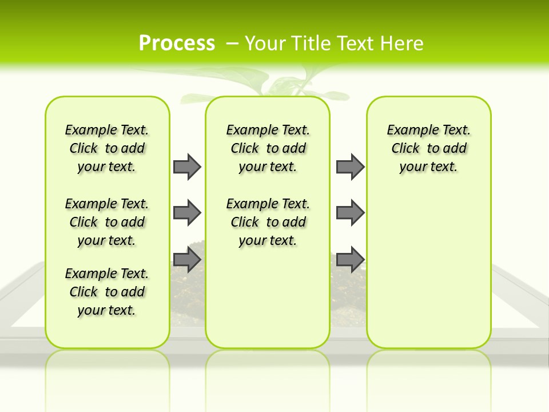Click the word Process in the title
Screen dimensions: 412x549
[x=177, y=43]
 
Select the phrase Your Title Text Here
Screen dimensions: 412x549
[x=334, y=43]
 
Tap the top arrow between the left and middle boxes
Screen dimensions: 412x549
[x=187, y=167]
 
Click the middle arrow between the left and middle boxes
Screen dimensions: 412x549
[x=187, y=213]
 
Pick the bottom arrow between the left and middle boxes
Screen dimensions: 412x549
[x=187, y=259]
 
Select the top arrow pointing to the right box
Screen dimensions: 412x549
[x=350, y=167]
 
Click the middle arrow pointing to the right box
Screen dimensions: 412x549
[x=350, y=213]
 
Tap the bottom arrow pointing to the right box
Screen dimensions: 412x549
[x=350, y=259]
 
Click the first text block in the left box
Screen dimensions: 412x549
[x=107, y=148]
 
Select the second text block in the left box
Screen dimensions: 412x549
[x=107, y=222]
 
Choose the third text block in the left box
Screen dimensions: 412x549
[x=107, y=292]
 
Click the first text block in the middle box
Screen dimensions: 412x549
[x=268, y=148]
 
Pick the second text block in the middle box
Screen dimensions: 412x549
[x=268, y=222]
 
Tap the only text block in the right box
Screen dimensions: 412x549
[x=429, y=148]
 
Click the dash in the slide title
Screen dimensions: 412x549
[x=232, y=43]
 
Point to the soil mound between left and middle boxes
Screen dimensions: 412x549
[x=189, y=286]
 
